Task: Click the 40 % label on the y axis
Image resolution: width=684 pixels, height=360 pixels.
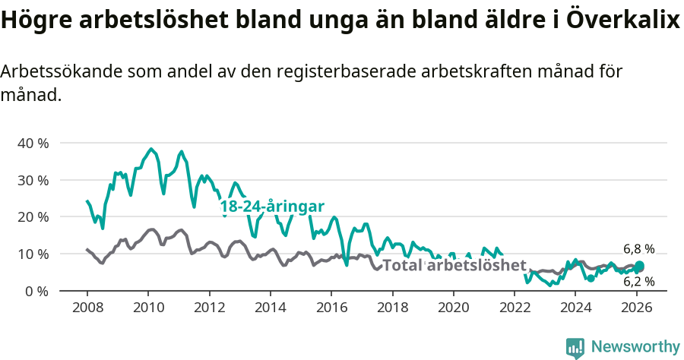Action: point(33,143)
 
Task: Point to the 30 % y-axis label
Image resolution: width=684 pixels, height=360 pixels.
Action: point(33,180)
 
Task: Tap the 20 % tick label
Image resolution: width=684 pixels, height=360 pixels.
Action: point(33,216)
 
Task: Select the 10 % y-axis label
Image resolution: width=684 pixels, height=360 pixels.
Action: point(33,254)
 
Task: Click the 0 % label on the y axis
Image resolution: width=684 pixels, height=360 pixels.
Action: point(36,291)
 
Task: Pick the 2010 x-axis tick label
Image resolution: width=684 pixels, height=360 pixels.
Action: point(148,308)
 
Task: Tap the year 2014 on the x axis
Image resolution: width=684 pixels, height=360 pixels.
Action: point(270,308)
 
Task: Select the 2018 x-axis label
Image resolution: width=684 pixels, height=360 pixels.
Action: point(392,308)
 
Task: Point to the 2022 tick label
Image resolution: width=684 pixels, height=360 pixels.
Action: point(515,308)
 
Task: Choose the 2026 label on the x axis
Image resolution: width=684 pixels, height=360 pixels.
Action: point(637,308)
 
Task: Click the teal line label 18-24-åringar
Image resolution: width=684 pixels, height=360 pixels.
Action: point(272,207)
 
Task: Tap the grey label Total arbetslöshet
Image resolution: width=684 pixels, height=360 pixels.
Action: point(454,265)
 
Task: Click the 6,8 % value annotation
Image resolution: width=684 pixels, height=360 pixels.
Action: point(638,249)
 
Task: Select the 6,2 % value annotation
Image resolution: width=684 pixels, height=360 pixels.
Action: point(638,282)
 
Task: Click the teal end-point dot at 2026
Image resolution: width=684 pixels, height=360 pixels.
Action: point(640,266)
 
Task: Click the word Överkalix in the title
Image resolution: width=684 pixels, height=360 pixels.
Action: point(622,21)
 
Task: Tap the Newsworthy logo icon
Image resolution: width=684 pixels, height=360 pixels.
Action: point(575,348)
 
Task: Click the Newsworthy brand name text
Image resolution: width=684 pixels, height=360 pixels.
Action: point(635,347)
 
